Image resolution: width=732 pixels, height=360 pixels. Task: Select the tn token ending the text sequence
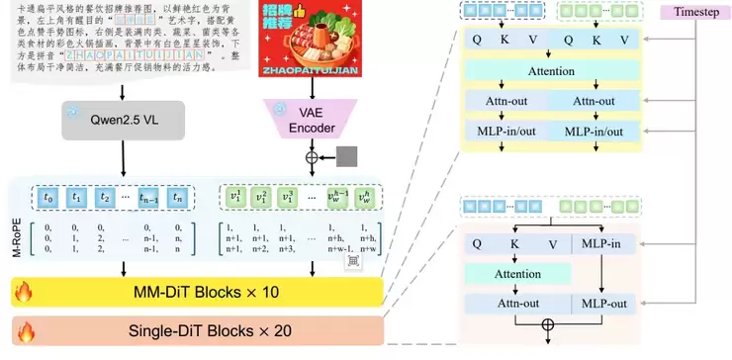click(175, 198)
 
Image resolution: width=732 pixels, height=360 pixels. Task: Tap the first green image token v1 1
click(234, 198)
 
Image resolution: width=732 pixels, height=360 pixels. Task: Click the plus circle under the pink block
click(548, 325)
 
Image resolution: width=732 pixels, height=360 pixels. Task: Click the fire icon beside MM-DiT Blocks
click(23, 291)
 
